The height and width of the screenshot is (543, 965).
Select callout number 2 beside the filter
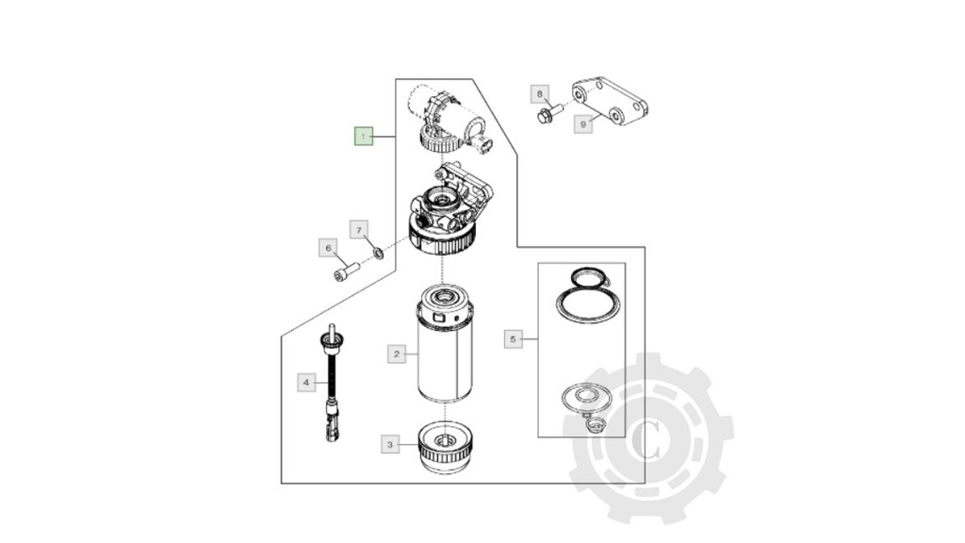(x=397, y=354)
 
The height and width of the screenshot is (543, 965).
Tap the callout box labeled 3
(x=390, y=443)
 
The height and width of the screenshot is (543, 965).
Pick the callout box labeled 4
(x=305, y=383)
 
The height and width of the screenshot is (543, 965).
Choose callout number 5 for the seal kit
(x=513, y=338)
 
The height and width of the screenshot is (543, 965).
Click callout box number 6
(x=328, y=248)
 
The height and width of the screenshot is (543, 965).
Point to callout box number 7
(x=358, y=229)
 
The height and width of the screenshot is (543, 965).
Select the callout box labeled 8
(x=540, y=93)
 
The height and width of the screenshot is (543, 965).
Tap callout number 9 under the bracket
(x=583, y=123)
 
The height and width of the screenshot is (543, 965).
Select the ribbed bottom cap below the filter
(x=444, y=448)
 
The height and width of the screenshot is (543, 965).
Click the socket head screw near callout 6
(x=346, y=272)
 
